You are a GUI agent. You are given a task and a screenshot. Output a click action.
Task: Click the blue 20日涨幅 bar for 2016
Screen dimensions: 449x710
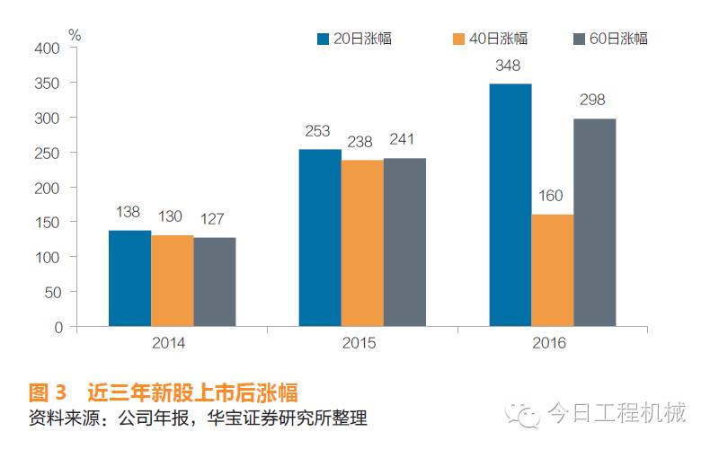point(510,205)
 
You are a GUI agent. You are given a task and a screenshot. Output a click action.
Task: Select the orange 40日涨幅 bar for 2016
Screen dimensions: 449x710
point(552,270)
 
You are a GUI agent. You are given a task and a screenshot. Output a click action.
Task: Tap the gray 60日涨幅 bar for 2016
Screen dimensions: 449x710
point(594,223)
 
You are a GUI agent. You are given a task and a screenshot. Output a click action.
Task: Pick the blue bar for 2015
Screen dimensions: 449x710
point(320,238)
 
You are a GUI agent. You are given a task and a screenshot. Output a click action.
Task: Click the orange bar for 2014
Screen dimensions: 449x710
point(172,280)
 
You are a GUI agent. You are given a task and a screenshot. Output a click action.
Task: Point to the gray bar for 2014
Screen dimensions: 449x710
point(214,282)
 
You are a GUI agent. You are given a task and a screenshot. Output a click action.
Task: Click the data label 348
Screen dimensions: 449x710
point(510,66)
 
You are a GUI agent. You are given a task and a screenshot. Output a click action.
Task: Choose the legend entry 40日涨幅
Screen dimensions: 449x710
point(490,39)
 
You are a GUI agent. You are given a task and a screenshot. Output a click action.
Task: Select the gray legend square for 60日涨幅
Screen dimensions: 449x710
point(579,39)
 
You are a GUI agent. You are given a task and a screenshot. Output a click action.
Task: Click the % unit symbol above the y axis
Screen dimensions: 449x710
point(75,35)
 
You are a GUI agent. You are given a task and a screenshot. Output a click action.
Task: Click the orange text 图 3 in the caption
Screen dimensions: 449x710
point(49,392)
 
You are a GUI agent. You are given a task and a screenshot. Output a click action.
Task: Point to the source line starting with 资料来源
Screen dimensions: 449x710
point(198,418)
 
